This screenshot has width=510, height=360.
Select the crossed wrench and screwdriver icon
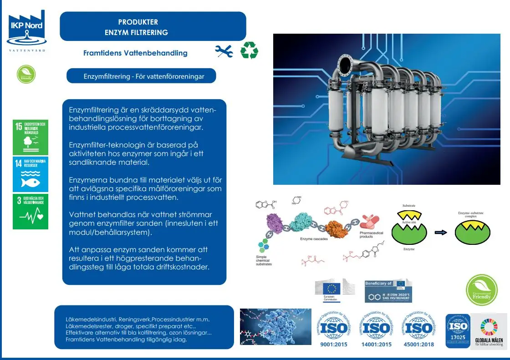click(224, 51)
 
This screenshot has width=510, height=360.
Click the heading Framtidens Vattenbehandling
click(135, 53)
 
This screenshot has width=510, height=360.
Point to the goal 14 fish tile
click(31, 175)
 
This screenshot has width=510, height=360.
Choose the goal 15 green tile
click(31, 137)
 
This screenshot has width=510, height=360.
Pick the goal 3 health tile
click(31, 212)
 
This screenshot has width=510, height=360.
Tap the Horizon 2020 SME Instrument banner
click(388, 291)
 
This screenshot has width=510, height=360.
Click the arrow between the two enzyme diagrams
click(440, 232)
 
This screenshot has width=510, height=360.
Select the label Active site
click(409, 222)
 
